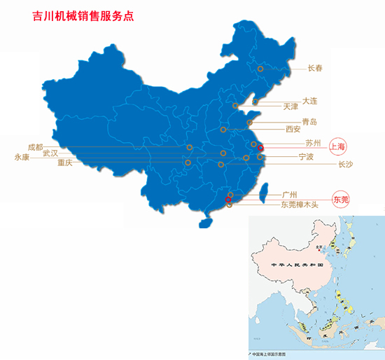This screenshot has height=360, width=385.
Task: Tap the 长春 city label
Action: (316, 69)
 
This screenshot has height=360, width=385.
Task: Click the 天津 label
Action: (290, 107)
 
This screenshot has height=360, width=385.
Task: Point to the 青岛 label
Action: (309, 122)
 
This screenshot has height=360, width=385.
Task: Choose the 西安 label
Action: (293, 130)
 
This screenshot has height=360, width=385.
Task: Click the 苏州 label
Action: (313, 144)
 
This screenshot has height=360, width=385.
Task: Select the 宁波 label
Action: (306, 156)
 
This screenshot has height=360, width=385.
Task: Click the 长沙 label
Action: (345, 165)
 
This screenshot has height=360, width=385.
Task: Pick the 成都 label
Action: (35, 147)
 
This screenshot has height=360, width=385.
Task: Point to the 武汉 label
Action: (50, 153)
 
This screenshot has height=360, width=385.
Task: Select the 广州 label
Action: (290, 194)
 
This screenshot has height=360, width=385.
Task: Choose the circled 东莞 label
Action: (341, 200)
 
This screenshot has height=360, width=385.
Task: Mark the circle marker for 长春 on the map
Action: (260, 69)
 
